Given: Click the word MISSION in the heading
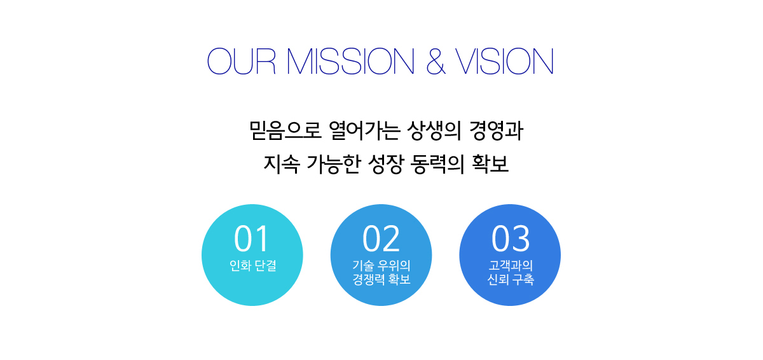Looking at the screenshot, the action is pos(350,61).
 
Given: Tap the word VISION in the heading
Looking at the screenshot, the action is pos(504,61).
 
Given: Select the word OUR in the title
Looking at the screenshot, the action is pos(241,61).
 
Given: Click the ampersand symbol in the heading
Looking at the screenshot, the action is pos(436,61).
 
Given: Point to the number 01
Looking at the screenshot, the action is pos(251,239).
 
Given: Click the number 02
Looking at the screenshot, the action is pos(381,239).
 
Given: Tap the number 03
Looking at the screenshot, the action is pos(510,239).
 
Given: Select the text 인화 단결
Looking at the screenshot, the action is pos(253,265).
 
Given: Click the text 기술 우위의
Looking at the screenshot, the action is pos(381,265).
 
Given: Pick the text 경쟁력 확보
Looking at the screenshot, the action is pos(381,279).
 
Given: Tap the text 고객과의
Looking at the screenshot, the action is pos(511,265).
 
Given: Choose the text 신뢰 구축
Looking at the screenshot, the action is pos(511,279).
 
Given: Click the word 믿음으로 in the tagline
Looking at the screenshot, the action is pos(285,130).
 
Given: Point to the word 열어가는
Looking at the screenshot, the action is pos(364,130).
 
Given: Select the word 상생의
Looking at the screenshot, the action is pos(434,130).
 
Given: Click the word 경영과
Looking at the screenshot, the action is pos(496,130).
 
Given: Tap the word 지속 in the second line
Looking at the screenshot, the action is pos(282,164).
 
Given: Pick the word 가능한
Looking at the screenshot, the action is pos(333,164).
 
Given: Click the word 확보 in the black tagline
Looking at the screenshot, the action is pos(490,164).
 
